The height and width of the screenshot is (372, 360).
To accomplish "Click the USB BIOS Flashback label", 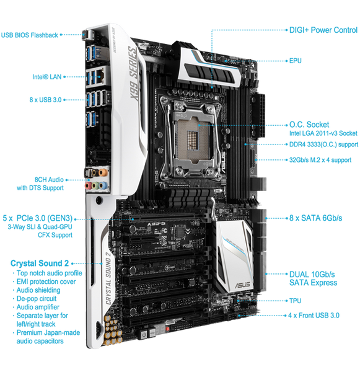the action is pyautogui.click(x=29, y=35).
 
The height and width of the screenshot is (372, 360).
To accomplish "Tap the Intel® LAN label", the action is pyautogui.click(x=47, y=77).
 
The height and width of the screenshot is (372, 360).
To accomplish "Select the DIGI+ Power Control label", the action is pyautogui.click(x=323, y=30).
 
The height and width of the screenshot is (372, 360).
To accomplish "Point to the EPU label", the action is pyautogui.click(x=296, y=61).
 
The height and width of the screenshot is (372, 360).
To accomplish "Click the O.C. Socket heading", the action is pyautogui.click(x=309, y=125).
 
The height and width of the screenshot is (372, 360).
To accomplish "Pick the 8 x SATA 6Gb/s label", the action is pyautogui.click(x=315, y=218).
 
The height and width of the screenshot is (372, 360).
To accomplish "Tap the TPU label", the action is pyautogui.click(x=296, y=301).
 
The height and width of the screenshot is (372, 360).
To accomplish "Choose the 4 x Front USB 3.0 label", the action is pyautogui.click(x=314, y=316).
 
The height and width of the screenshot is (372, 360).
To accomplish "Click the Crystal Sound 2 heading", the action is pyautogui.click(x=40, y=263).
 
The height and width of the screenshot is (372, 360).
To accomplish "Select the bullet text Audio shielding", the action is pyautogui.click(x=38, y=290).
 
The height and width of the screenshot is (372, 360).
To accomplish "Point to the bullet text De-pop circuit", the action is pyautogui.click(x=37, y=299).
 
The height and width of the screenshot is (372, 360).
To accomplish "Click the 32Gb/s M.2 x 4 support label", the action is pyautogui.click(x=320, y=160).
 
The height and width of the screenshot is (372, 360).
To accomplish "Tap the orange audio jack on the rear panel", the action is pyautogui.click(x=102, y=172).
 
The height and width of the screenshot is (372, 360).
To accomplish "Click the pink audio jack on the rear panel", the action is pyautogui.click(x=88, y=185).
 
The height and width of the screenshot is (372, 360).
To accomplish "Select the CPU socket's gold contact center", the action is pyautogui.click(x=193, y=140).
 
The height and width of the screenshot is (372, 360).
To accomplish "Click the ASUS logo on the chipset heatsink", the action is pyautogui.click(x=243, y=285).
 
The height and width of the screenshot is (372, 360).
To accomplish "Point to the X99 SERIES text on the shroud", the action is pyautogui.click(x=133, y=74).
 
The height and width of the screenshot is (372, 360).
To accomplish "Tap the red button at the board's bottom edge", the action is pyautogui.click(x=167, y=329).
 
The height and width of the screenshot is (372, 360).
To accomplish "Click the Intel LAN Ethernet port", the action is pyautogui.click(x=101, y=74).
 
